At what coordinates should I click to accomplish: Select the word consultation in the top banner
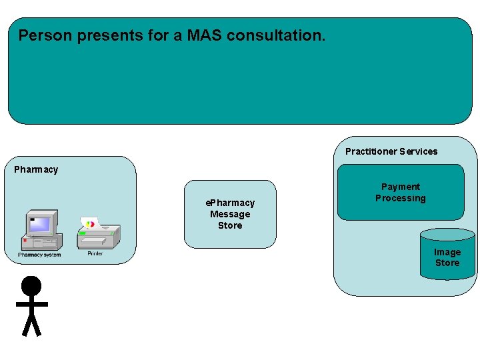point(276,35)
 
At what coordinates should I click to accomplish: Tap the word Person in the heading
point(45,35)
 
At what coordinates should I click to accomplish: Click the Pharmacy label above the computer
point(36,169)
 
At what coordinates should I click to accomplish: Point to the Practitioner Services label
point(391,151)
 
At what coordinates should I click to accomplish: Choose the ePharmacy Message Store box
point(230,214)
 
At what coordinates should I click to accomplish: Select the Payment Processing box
point(400,193)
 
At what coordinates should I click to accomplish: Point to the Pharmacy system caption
point(39,255)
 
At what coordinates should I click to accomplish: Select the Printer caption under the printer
point(95,253)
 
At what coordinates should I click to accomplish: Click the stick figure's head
point(31,286)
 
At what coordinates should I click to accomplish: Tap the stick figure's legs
point(31,325)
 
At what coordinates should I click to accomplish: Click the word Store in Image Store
point(447,263)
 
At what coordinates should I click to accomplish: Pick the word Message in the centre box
point(230,214)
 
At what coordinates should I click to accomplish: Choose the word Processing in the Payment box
point(400,198)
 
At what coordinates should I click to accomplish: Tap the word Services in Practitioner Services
point(419,151)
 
